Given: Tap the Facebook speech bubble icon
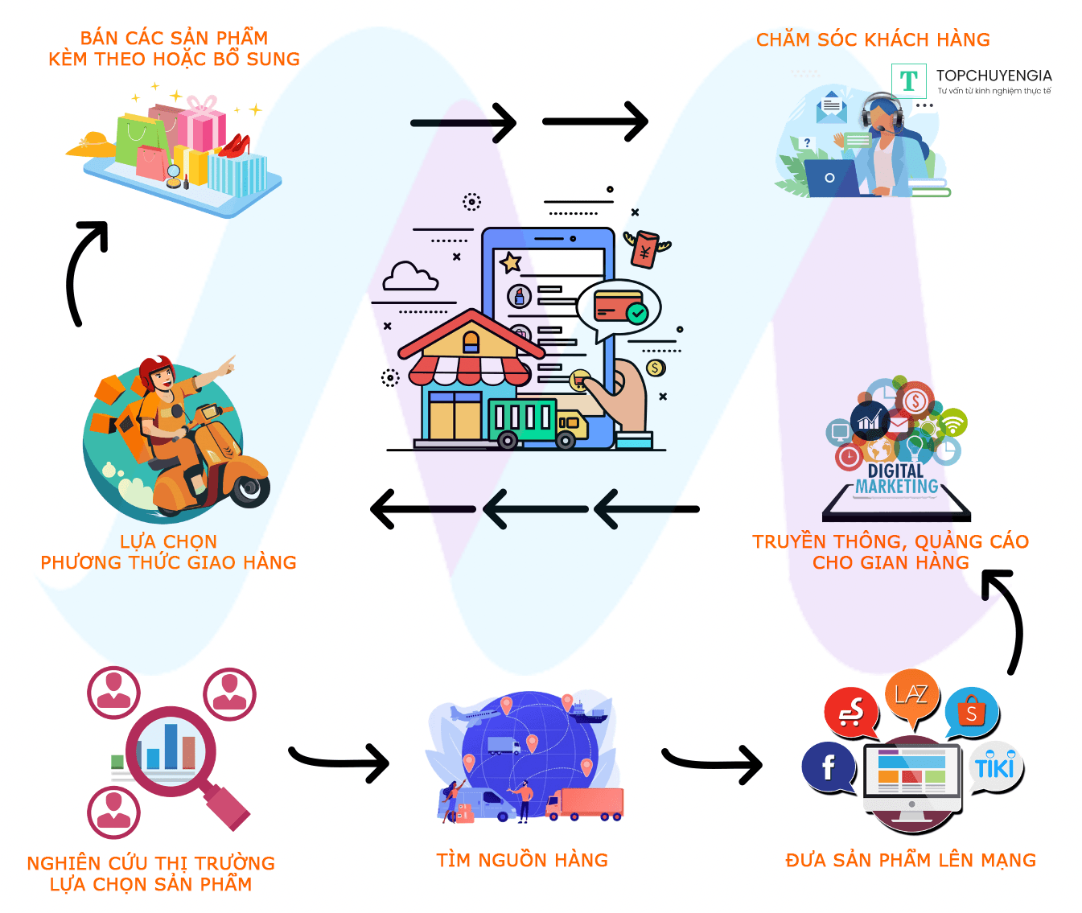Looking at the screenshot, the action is point(828,767).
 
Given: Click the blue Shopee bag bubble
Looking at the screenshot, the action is point(972,713).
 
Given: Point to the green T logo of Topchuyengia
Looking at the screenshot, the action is point(908,80).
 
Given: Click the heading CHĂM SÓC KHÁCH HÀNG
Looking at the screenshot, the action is point(873,40).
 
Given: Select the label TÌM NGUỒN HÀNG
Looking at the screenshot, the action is point(522,860).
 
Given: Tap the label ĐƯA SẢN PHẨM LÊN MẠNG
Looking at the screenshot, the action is point(911,860).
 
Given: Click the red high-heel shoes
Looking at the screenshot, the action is point(235,146).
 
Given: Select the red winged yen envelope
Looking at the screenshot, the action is point(646,249).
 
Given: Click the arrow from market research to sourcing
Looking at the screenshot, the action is point(339,763).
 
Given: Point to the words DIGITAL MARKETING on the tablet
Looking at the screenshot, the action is point(896,479).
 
